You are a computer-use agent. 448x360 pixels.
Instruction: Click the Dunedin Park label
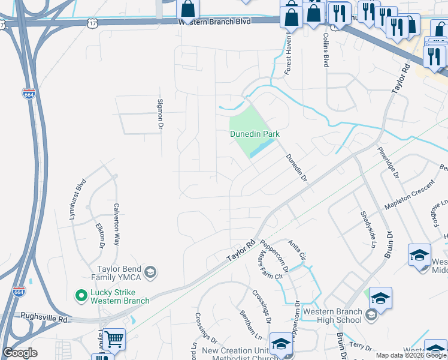(x=255, y=134)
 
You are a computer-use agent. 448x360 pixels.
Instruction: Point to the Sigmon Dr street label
(x=160, y=114)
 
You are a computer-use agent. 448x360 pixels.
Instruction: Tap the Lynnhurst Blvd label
(x=78, y=199)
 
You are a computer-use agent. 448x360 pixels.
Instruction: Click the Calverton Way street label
(x=117, y=224)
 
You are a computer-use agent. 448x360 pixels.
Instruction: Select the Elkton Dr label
(x=101, y=235)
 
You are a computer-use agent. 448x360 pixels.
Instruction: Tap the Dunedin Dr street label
(x=296, y=167)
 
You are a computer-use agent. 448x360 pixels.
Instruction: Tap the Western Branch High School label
(x=333, y=315)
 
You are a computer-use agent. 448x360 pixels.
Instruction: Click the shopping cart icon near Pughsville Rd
(x=114, y=339)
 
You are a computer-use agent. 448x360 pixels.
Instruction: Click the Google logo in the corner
(x=20, y=353)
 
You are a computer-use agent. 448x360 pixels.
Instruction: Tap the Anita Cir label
(x=297, y=250)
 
